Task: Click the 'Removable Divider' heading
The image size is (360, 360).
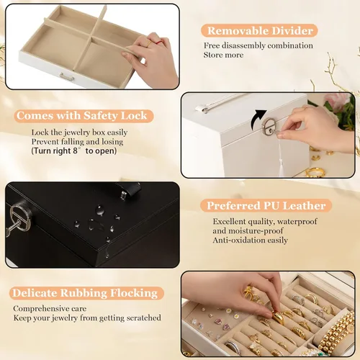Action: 260,31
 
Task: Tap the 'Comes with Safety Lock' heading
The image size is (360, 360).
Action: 82,116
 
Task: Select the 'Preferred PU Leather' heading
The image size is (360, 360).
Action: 266,206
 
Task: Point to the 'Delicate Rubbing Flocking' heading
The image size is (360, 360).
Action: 85,293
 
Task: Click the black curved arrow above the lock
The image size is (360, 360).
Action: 256,120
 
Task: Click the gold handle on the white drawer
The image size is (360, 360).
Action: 67,77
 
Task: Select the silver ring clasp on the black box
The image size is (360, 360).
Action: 20,217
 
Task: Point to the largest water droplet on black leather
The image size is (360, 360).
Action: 100,210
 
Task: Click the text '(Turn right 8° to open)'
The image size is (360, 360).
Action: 74,150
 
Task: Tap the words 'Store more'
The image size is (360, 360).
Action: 223,55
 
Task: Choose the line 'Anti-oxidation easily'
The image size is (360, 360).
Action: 250,240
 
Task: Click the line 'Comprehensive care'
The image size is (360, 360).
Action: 50,308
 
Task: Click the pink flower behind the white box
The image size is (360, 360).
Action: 335,99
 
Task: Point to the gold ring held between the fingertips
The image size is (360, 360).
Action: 278,317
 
